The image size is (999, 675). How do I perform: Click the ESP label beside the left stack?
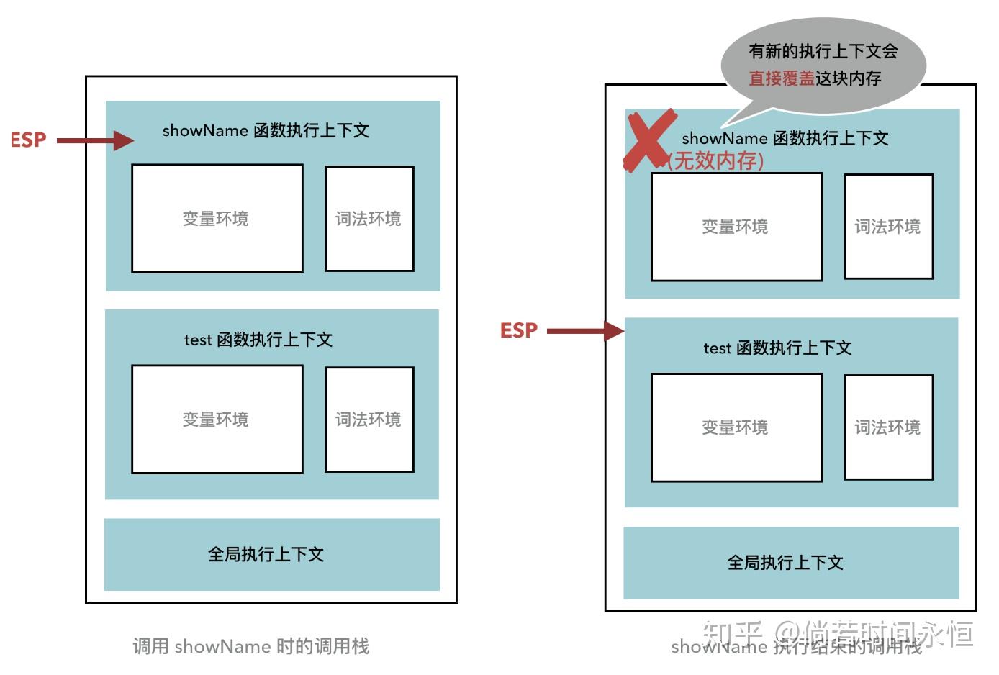pyautogui.click(x=28, y=140)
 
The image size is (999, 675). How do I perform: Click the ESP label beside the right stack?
pyautogui.click(x=519, y=330)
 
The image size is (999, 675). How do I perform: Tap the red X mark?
pyautogui.click(x=648, y=140)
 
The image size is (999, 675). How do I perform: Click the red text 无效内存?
pyautogui.click(x=715, y=160)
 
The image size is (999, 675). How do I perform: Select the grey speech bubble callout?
pyautogui.click(x=823, y=65)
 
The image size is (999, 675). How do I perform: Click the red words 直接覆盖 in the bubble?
pyautogui.click(x=781, y=78)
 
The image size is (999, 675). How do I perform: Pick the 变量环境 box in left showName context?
pyautogui.click(x=217, y=219)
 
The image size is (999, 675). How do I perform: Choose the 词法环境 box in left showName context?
pyautogui.click(x=369, y=219)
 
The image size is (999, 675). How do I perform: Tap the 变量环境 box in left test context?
pyautogui.click(x=217, y=420)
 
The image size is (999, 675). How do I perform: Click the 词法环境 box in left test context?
pyautogui.click(x=369, y=420)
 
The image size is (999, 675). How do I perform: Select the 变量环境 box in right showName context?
pyautogui.click(x=736, y=227)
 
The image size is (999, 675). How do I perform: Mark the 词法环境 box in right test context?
pyautogui.click(x=888, y=427)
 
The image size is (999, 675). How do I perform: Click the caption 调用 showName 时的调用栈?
pyautogui.click(x=250, y=646)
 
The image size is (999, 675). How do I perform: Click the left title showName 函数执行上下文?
pyautogui.click(x=266, y=130)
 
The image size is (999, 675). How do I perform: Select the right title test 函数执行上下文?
pyautogui.click(x=777, y=348)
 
